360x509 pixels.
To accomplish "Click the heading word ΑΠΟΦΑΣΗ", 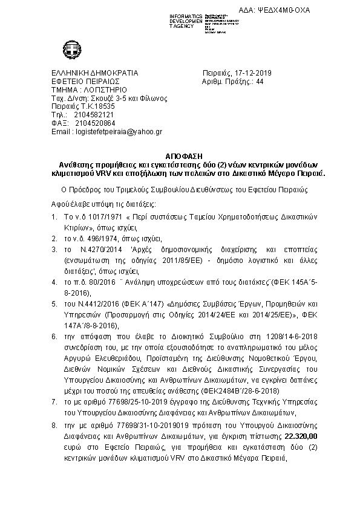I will pyautogui.click(x=180, y=156).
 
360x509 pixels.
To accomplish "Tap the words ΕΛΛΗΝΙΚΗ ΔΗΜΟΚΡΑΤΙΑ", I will pyautogui.click(x=95, y=73).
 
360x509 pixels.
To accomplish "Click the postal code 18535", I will pyautogui.click(x=102, y=106).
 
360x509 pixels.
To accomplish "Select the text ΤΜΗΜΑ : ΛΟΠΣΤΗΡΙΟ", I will pyautogui.click(x=88, y=89).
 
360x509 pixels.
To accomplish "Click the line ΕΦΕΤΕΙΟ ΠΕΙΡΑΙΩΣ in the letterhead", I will pyautogui.click(x=86, y=82).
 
